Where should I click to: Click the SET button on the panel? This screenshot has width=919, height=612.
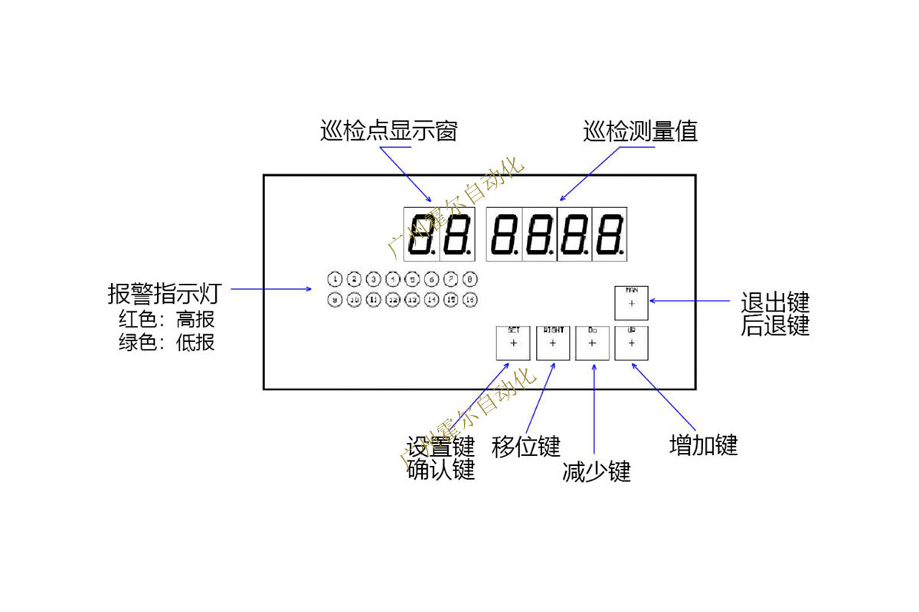513,343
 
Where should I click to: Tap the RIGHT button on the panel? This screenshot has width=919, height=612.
553,343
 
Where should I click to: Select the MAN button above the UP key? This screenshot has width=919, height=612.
631,303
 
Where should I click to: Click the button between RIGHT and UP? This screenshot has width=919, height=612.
592,343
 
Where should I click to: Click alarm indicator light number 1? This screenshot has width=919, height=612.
335,279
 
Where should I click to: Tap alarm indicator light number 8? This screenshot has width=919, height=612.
470,279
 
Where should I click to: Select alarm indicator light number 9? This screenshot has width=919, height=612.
335,299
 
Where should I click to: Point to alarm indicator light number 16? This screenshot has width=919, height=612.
470,299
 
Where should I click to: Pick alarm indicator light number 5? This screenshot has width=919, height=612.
412,279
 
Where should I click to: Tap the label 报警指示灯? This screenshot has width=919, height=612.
165,293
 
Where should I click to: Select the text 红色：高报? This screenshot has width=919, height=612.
166,319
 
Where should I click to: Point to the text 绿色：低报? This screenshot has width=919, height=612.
166,342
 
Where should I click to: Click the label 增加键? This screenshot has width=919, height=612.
703,445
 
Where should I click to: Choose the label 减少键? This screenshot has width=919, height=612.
597,472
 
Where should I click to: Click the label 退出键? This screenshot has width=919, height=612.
775,301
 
